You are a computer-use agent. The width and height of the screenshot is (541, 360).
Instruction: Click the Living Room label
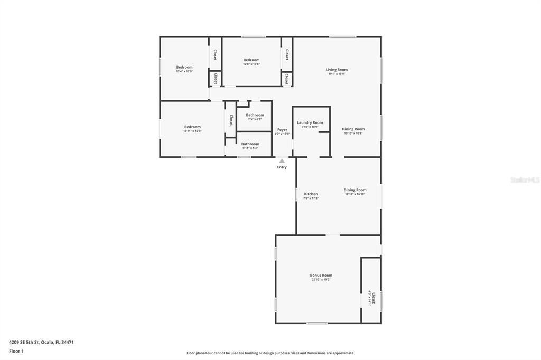pyautogui.click(x=337, y=70)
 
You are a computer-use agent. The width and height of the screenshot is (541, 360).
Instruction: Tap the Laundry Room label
pyautogui.click(x=310, y=122)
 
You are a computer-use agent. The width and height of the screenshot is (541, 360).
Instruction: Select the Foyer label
pyautogui.click(x=282, y=130)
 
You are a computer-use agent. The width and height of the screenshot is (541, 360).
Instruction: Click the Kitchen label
pyautogui.click(x=311, y=194)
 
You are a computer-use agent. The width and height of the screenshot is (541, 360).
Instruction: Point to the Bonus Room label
pyautogui.click(x=321, y=276)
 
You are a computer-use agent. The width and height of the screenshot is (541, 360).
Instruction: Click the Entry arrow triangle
pyautogui.click(x=282, y=161)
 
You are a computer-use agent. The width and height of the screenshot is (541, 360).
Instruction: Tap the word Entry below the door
pyautogui.click(x=282, y=167)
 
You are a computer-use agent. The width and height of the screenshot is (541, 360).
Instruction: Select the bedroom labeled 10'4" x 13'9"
pyautogui.click(x=184, y=68)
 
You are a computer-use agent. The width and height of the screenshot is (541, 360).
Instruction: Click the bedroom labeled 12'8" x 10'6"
pyautogui.click(x=251, y=60)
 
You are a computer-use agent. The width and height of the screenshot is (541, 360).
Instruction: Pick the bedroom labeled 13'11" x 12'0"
pyautogui.click(x=192, y=127)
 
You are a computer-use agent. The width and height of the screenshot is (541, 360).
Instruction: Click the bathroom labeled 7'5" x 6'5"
pyautogui.click(x=255, y=115)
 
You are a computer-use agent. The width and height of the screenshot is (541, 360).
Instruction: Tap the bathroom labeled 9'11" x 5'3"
pyautogui.click(x=250, y=144)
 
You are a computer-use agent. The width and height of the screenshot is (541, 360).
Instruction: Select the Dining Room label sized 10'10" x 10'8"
pyautogui.click(x=353, y=129)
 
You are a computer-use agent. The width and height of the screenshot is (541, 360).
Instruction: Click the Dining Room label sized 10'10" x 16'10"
pyautogui.click(x=355, y=190)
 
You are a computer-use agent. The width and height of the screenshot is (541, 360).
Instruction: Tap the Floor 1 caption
pyautogui.click(x=16, y=351)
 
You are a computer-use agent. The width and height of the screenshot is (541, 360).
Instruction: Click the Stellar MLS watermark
pyautogui.click(x=525, y=180)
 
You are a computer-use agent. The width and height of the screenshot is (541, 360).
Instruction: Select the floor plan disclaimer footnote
pyautogui.click(x=270, y=353)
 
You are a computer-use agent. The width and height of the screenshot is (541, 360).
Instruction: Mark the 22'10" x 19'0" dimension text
pyautogui.click(x=321, y=280)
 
